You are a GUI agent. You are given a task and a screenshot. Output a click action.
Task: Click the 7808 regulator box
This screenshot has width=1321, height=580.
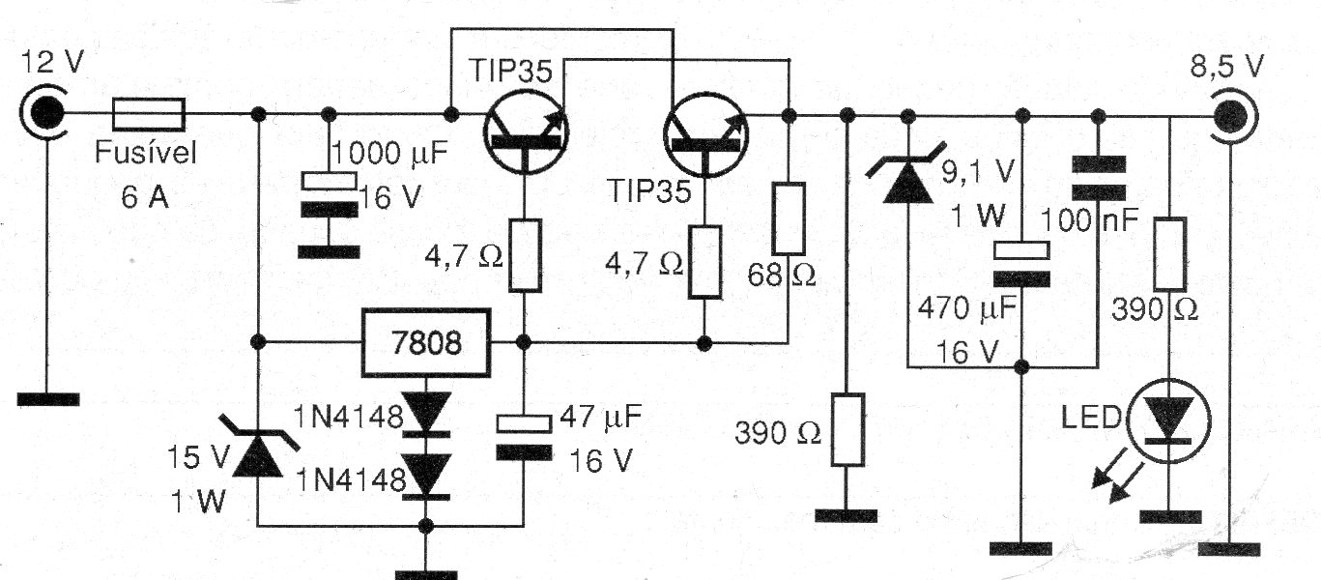point(426,342)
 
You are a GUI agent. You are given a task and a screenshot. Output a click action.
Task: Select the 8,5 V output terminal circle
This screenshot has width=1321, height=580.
point(1231,116)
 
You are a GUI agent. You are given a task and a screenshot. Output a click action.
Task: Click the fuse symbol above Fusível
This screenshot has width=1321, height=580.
point(149,114)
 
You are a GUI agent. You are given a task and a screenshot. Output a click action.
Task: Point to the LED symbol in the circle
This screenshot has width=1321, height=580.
point(1168,421)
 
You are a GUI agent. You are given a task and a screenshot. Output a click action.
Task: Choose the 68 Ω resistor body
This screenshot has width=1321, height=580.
point(789,218)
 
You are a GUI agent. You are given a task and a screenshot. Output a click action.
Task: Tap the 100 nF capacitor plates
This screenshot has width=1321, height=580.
point(1098,178)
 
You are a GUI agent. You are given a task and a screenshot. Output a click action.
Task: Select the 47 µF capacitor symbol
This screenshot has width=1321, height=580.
point(524,437)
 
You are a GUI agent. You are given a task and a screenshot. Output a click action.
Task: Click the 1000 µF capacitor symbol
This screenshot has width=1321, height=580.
point(330,194)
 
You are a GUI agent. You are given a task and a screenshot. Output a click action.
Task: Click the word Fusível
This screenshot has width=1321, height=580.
point(146,153)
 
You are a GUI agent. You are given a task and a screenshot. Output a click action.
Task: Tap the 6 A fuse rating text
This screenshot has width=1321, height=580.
point(145,196)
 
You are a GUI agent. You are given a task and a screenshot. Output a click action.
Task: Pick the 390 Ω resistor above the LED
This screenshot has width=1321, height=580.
point(1170,253)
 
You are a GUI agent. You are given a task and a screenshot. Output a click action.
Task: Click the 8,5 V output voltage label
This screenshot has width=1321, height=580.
point(1226,66)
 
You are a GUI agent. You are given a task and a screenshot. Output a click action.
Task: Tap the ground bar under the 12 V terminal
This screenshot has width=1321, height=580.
point(48,399)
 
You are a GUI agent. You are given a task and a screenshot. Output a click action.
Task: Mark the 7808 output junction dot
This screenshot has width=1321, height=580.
point(523,342)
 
